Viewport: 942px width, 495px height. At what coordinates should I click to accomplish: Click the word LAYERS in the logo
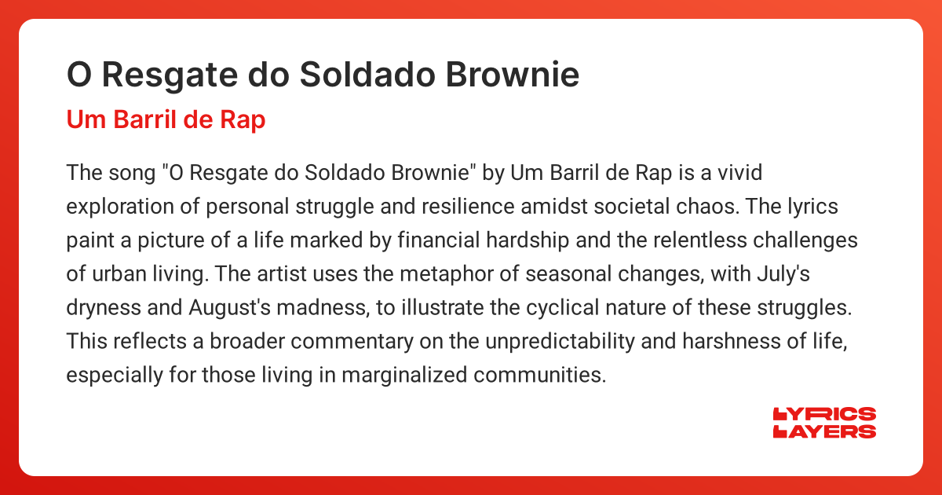(x=824, y=431)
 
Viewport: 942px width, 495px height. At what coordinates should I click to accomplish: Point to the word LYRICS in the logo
(x=824, y=414)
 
